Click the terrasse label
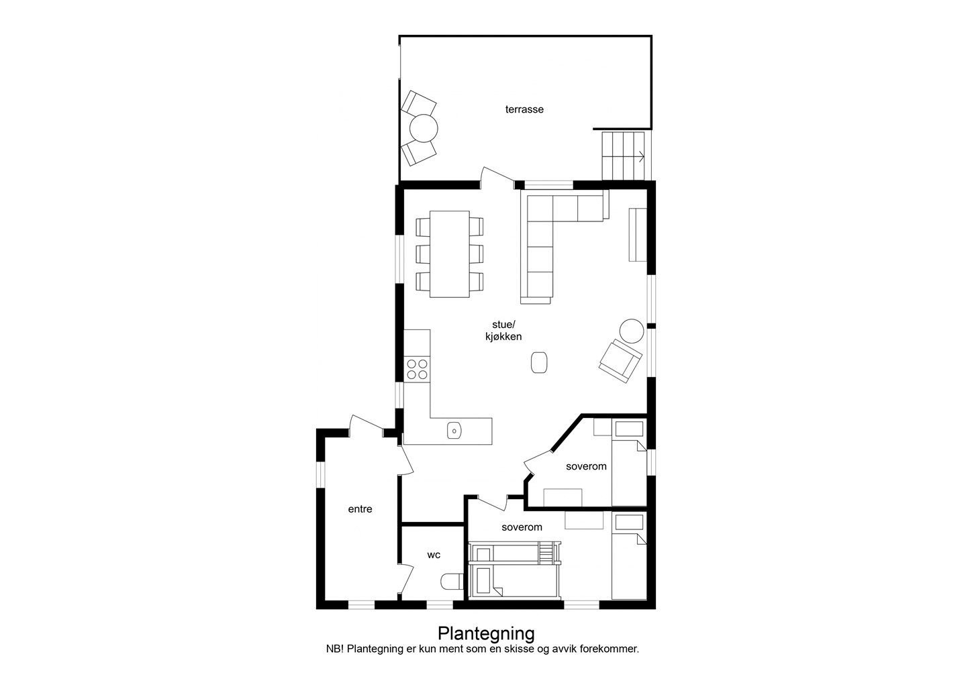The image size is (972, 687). coord(524,109)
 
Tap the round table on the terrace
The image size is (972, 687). coord(424,128)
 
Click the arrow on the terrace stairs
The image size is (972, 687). coord(640,156)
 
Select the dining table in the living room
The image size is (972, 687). coord(450,254)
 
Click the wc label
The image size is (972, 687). coord(434,555)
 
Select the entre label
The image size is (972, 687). coord(360,509)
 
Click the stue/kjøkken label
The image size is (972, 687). coord(503,331)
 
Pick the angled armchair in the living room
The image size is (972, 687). coord(620,361)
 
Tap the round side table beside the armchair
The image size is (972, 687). coord(632,331)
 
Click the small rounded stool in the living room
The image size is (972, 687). coord(539,362)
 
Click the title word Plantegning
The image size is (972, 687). coord(486,633)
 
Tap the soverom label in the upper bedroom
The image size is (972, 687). coord(586,467)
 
